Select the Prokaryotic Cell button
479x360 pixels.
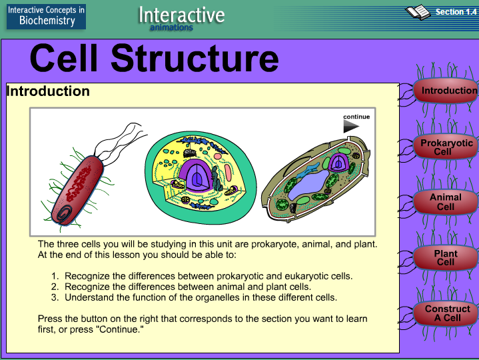click(446, 147)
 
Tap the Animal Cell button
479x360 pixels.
click(446, 202)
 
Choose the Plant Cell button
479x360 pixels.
click(446, 258)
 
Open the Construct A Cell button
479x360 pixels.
click(447, 313)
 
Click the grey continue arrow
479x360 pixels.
click(351, 126)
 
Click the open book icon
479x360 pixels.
click(418, 12)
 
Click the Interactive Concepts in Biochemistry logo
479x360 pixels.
click(46, 15)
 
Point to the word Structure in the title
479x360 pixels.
click(195, 59)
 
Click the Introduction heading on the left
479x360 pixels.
click(48, 91)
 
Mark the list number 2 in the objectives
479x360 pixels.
click(55, 287)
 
